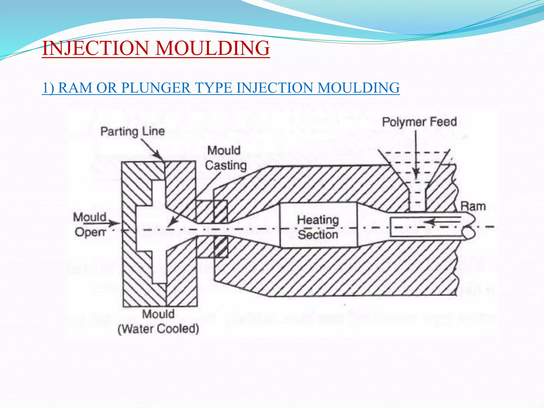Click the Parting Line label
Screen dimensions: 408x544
(x=133, y=131)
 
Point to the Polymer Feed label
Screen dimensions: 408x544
(x=419, y=122)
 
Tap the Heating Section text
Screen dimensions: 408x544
(x=318, y=227)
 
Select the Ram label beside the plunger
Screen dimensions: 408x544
(x=473, y=206)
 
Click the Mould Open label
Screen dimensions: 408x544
(x=90, y=224)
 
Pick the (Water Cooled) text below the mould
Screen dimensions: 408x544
(x=158, y=329)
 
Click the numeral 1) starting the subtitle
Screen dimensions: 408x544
(x=48, y=88)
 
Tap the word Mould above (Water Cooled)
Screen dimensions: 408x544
(x=158, y=314)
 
